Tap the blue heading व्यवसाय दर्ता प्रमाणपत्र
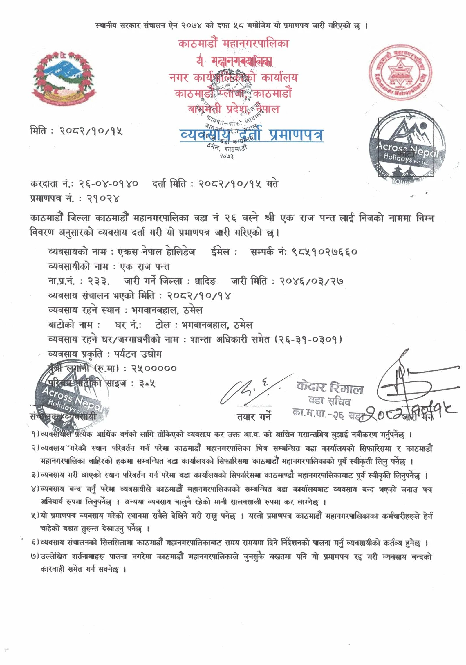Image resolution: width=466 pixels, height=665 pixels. click(252, 134)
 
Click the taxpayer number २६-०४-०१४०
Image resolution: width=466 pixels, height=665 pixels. click(109, 184)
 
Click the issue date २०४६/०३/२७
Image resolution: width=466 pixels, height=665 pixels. click(311, 281)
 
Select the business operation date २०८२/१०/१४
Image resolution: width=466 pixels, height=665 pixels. click(199, 296)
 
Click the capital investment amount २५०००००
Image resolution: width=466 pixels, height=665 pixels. click(154, 369)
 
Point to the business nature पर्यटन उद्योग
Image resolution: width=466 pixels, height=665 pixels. click(138, 354)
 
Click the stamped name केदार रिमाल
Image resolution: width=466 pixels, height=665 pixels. click(330, 387)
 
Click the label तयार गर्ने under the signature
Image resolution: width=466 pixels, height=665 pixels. click(254, 417)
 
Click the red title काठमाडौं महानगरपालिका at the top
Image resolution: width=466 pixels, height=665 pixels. click(234, 44)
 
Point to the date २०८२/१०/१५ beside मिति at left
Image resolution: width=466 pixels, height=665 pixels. click(91, 131)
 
